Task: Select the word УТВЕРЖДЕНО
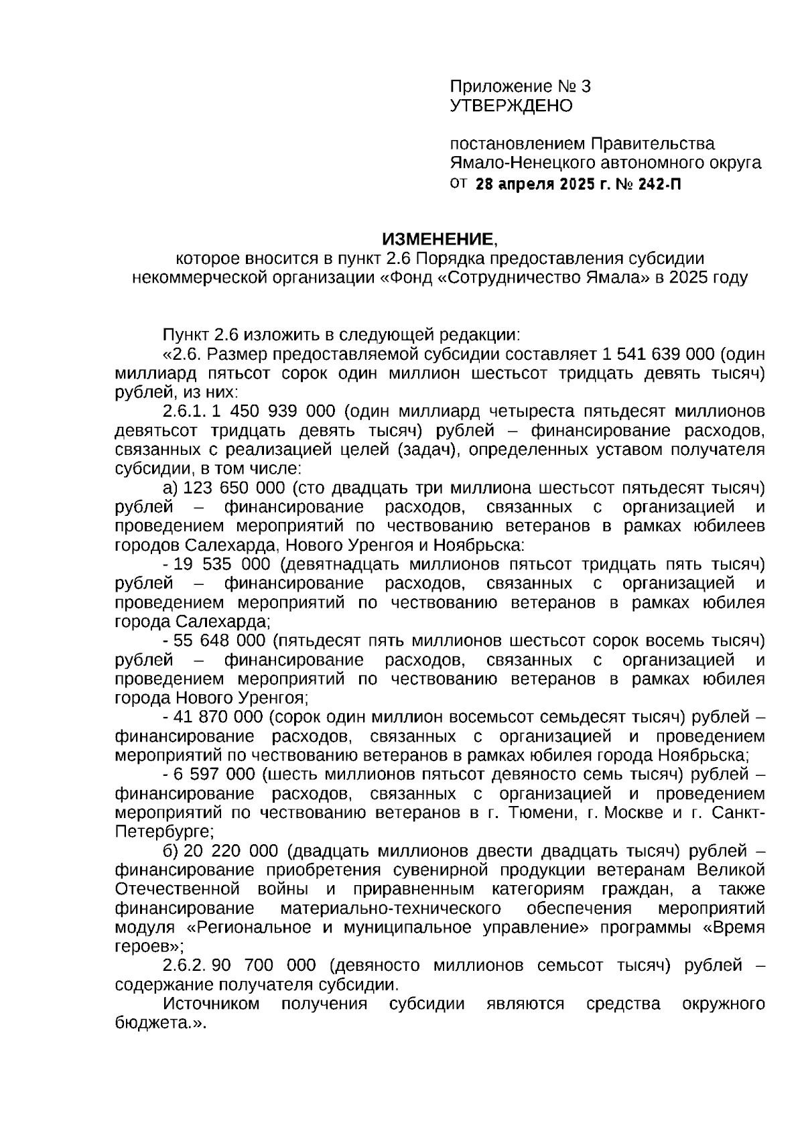tap(511, 106)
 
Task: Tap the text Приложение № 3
tap(520, 86)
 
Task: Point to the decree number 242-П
tap(659, 183)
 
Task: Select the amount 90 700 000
tap(264, 965)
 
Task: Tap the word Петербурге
tap(163, 832)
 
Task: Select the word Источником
tap(212, 1004)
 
